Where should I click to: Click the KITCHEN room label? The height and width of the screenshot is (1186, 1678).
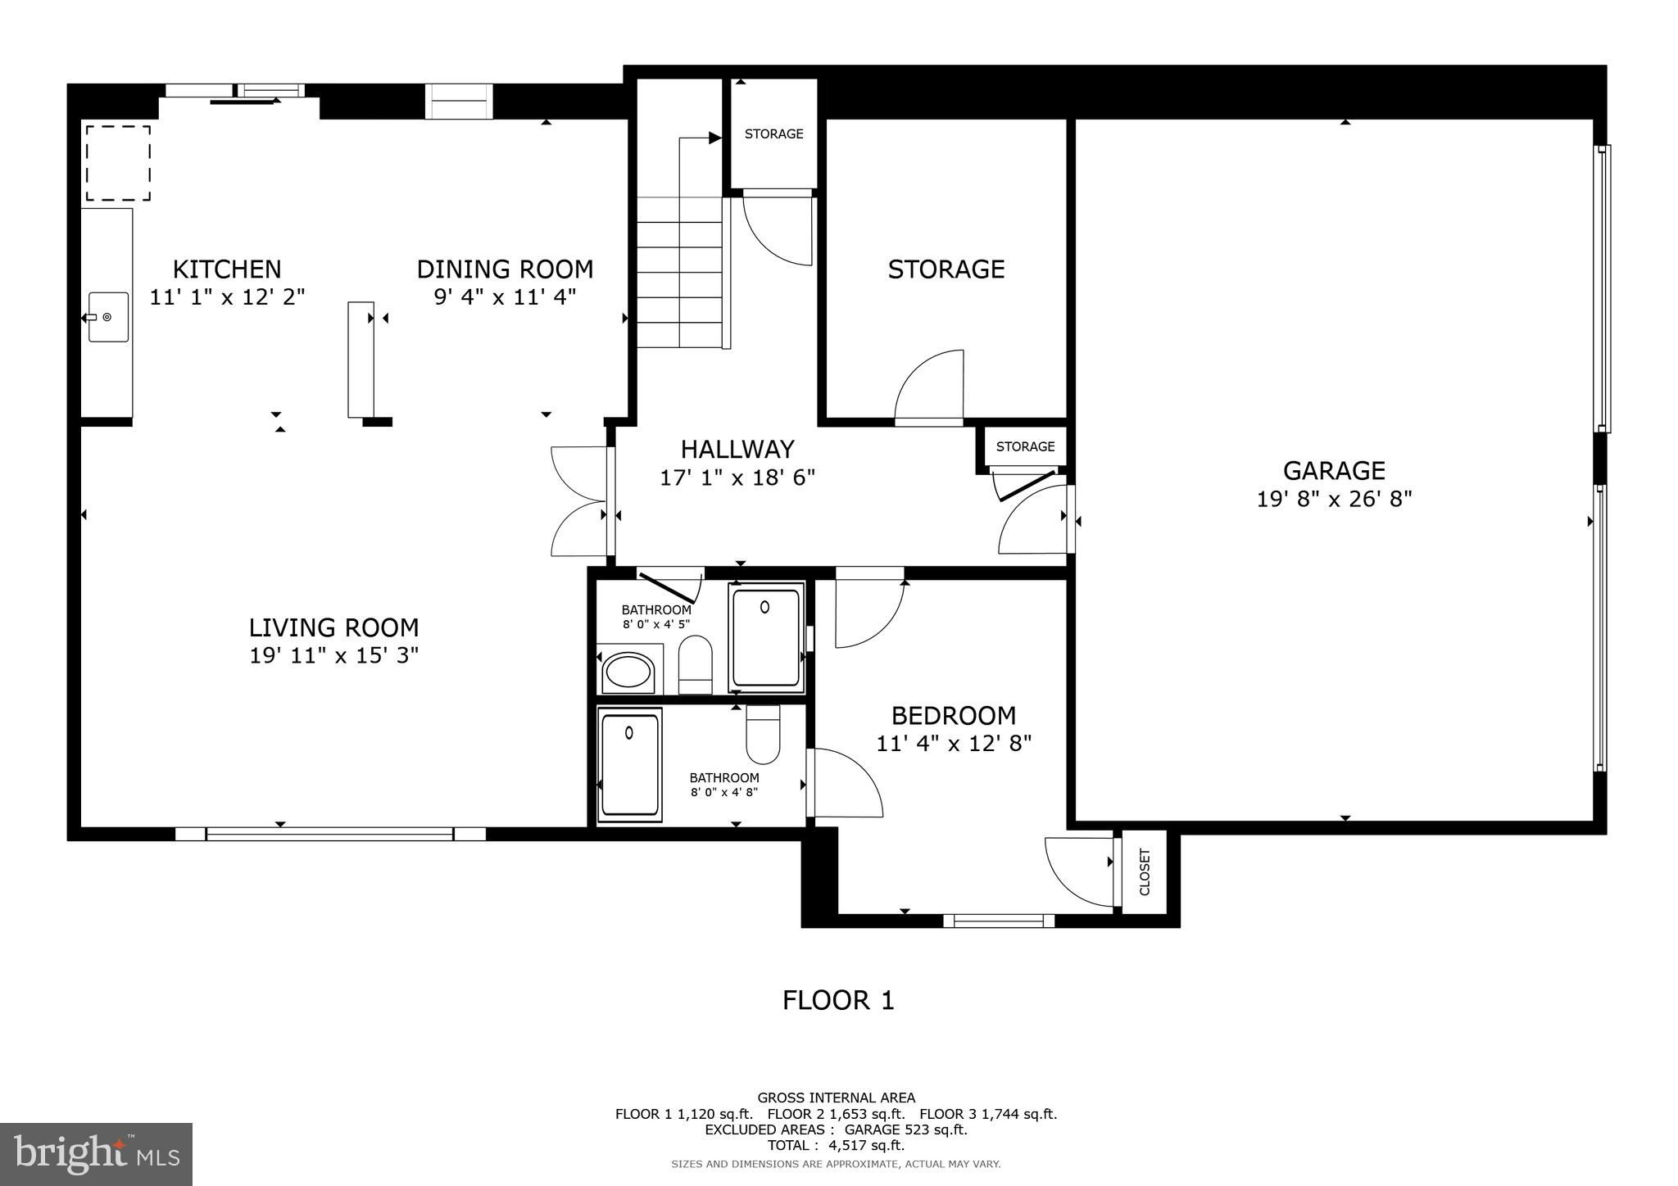tap(227, 269)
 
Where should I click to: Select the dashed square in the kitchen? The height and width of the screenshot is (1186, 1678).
tap(119, 162)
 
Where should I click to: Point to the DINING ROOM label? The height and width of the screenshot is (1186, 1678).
tap(505, 269)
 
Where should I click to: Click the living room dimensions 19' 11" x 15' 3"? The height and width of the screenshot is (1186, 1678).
tap(334, 655)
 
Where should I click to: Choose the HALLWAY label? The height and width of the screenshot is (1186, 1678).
tap(737, 449)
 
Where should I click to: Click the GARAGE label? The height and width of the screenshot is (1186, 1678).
tap(1334, 470)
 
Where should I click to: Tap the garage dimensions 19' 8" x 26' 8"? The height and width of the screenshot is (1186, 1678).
tap(1335, 499)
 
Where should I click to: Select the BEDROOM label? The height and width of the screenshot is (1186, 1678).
tap(954, 716)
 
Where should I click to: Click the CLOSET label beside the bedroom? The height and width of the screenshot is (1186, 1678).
tap(1145, 872)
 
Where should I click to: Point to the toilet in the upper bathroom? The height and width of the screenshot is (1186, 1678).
tap(696, 664)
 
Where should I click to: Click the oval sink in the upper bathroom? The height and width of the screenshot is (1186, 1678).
tap(628, 672)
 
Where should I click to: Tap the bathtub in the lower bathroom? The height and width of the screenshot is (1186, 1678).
tap(630, 764)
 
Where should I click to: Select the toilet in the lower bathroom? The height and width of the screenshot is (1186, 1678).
tap(763, 734)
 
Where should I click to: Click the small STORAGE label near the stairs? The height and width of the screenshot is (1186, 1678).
tap(774, 134)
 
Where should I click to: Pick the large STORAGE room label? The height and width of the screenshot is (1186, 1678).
tap(946, 269)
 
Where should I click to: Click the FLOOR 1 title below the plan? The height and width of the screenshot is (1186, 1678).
tap(838, 1000)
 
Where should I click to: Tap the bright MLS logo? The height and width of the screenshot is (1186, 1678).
tap(97, 1154)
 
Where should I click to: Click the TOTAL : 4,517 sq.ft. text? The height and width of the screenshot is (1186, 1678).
tap(836, 1146)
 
